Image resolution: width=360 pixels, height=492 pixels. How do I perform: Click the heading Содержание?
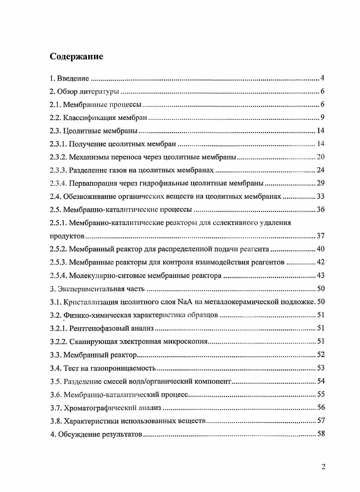76,57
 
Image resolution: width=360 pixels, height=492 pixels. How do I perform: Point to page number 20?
320,157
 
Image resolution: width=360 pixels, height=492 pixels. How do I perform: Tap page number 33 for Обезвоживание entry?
320,197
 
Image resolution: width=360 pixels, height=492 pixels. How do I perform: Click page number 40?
320,249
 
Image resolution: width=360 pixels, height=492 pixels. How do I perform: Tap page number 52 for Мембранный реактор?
320,354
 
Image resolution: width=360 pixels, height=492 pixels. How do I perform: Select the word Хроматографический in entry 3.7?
98,407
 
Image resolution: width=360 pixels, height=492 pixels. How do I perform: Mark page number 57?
320,420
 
